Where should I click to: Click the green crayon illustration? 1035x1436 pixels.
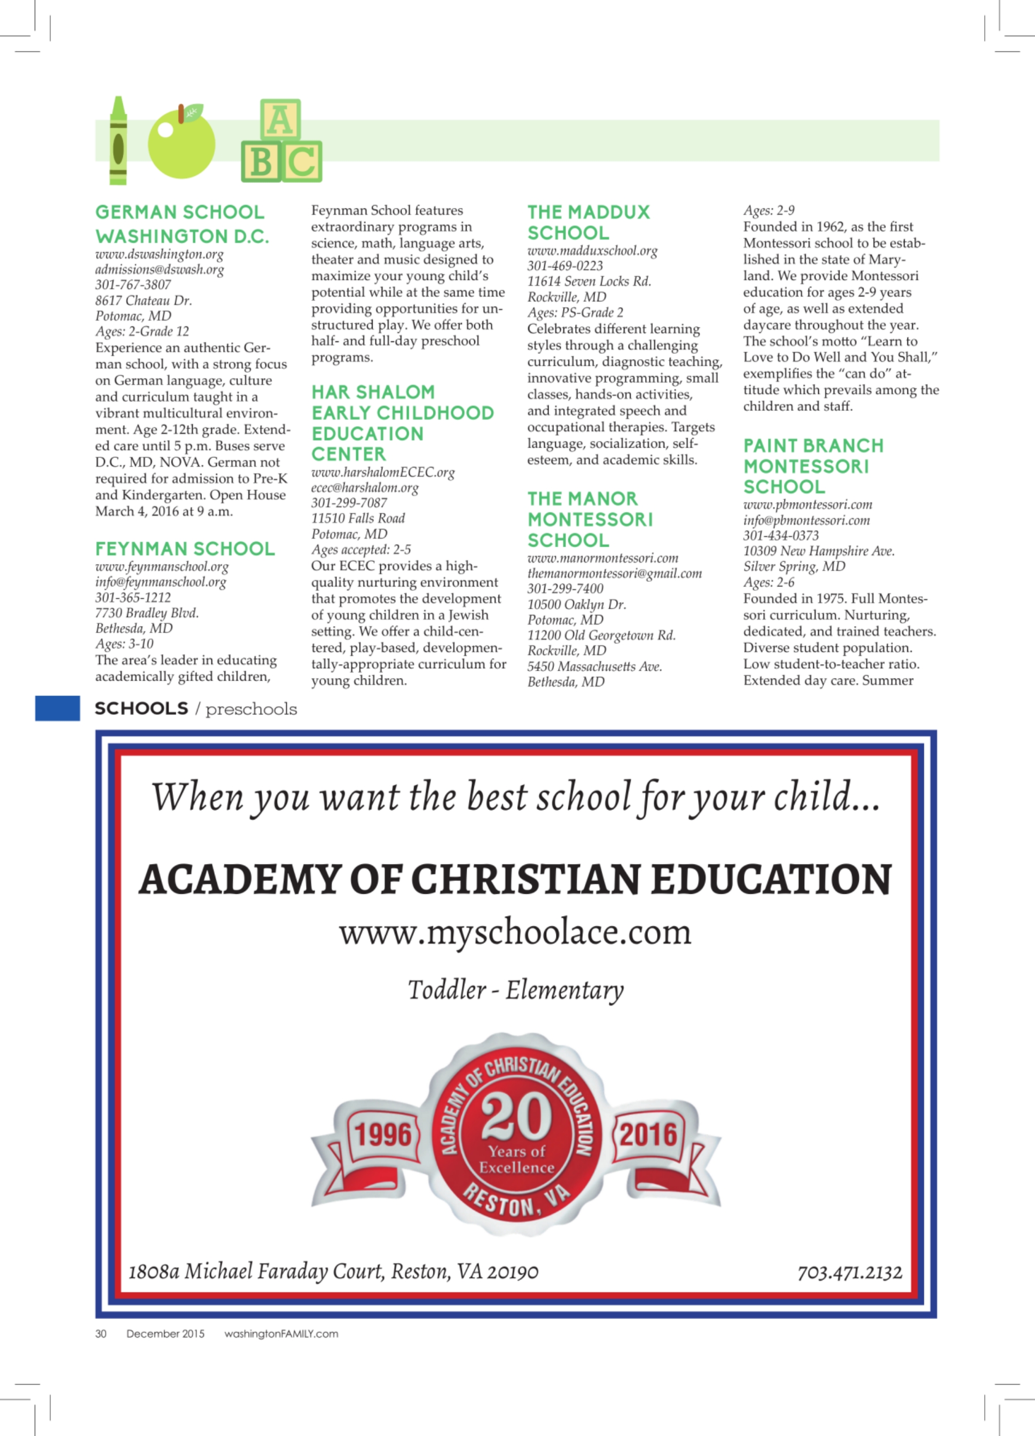(x=117, y=141)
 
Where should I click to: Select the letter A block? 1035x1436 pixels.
(x=280, y=119)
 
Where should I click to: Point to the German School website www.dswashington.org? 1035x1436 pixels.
(x=159, y=254)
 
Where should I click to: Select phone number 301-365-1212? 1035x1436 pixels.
(x=133, y=597)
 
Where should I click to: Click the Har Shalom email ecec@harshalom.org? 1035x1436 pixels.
(x=365, y=488)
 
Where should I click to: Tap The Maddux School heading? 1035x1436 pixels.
(x=588, y=222)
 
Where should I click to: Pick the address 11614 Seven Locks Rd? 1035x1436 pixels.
(x=589, y=281)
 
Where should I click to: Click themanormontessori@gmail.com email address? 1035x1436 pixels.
(x=614, y=573)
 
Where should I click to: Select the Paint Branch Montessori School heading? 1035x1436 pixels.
(x=813, y=466)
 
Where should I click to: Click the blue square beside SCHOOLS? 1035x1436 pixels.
(x=58, y=708)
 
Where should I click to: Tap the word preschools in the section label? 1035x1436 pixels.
(x=252, y=708)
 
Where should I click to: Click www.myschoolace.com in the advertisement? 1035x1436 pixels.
(x=515, y=932)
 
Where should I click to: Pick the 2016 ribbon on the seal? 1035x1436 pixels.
(x=648, y=1134)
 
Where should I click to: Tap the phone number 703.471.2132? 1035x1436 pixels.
(x=850, y=1272)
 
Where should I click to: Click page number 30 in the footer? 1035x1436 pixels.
(x=100, y=1333)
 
